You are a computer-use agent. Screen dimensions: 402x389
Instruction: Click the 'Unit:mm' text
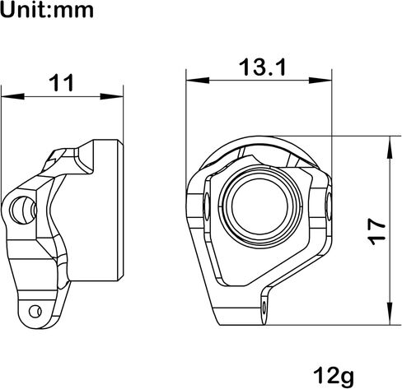click(47, 10)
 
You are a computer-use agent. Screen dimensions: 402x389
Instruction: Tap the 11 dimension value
click(62, 83)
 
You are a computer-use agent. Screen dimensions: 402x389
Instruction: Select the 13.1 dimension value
click(263, 67)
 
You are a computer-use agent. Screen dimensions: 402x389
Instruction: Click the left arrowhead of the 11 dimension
click(12, 96)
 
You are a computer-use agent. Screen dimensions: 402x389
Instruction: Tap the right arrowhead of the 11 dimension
click(111, 96)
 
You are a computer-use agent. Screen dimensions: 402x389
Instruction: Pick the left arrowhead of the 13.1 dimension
click(198, 81)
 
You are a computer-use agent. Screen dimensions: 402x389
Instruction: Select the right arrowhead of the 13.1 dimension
click(320, 81)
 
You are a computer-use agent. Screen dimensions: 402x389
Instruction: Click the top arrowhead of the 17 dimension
click(390, 147)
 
